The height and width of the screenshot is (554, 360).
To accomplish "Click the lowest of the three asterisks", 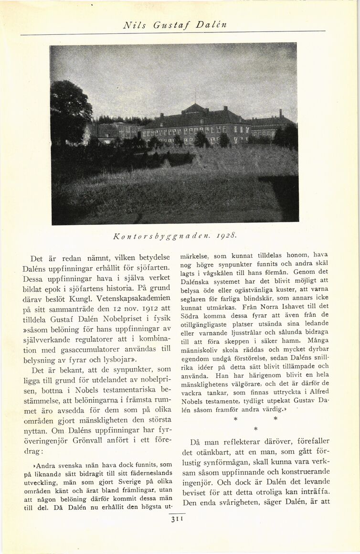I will [256, 428].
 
